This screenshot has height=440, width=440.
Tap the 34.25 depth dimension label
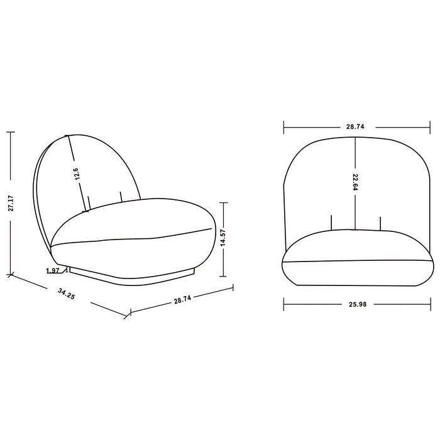[x=65, y=294]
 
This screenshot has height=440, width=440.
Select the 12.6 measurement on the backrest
[x=76, y=175]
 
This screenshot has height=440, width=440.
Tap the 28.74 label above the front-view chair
[x=355, y=127]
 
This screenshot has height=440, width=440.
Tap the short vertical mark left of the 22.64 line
[x=331, y=223]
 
